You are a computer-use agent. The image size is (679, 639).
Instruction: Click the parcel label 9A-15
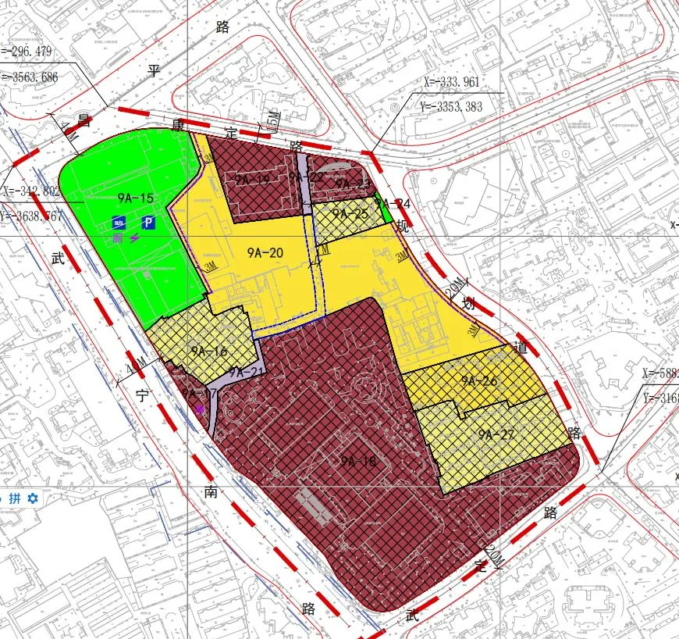pyautogui.click(x=137, y=198)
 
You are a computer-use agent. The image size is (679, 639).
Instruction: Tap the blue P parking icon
pyautogui.click(x=148, y=222)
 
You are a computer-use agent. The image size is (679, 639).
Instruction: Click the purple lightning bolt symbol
pyautogui.click(x=135, y=237)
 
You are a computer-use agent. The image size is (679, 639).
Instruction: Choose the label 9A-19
pyautogui.click(x=251, y=180)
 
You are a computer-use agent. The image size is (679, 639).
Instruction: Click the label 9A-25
pyautogui.click(x=350, y=213)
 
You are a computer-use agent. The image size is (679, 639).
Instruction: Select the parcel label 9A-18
pyautogui.click(x=358, y=461)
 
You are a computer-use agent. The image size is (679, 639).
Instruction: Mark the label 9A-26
pyautogui.click(x=478, y=381)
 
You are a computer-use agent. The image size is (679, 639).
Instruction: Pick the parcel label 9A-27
pyautogui.click(x=497, y=434)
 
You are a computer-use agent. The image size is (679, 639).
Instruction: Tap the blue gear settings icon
pyautogui.click(x=33, y=498)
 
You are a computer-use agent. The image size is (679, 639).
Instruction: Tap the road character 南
pyautogui.click(x=211, y=491)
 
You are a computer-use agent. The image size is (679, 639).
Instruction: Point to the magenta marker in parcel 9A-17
pyautogui.click(x=201, y=408)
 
